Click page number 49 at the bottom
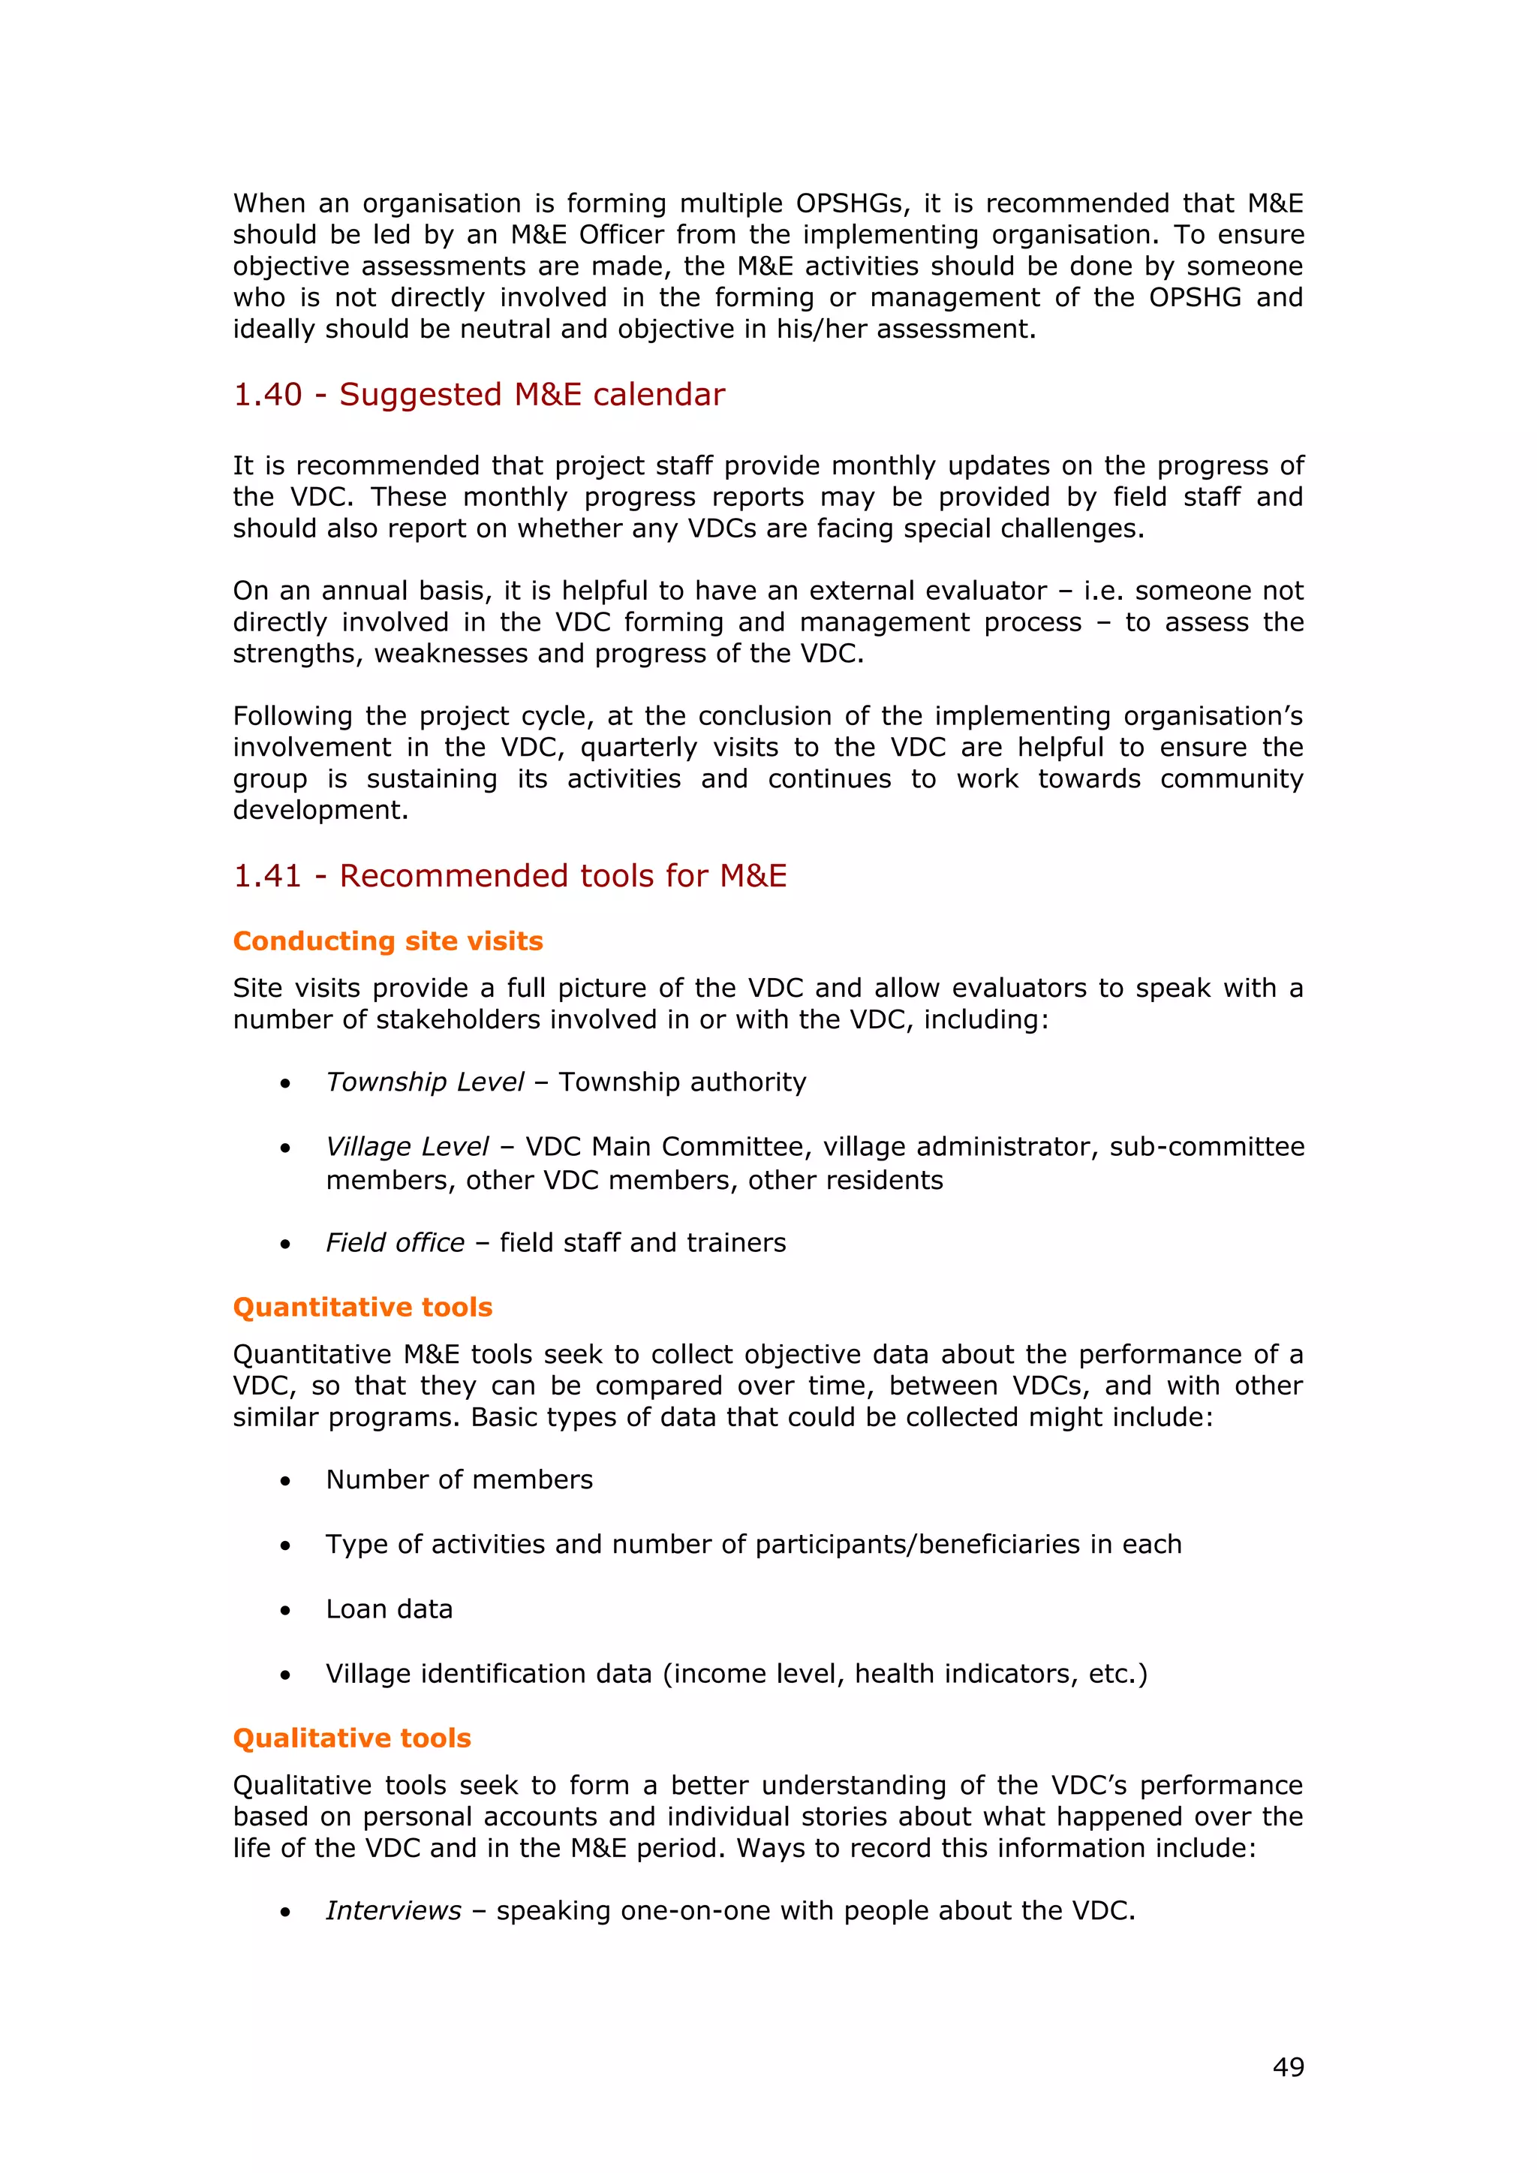coord(1288,2067)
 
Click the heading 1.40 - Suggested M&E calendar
coord(479,395)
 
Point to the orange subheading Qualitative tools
coord(352,1738)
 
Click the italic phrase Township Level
coord(425,1082)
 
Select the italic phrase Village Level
coord(407,1146)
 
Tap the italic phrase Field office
coord(396,1243)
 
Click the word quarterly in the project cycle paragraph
coord(639,748)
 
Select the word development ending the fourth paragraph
coord(320,810)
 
